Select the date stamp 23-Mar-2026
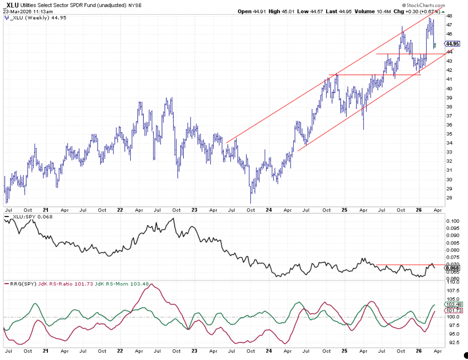point(19,11)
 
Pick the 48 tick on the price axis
point(449,16)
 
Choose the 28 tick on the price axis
point(449,198)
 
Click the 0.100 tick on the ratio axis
point(452,221)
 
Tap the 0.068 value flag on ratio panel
point(453,268)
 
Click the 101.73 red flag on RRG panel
point(453,311)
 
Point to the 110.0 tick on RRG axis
point(452,282)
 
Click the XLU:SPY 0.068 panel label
point(27,216)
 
